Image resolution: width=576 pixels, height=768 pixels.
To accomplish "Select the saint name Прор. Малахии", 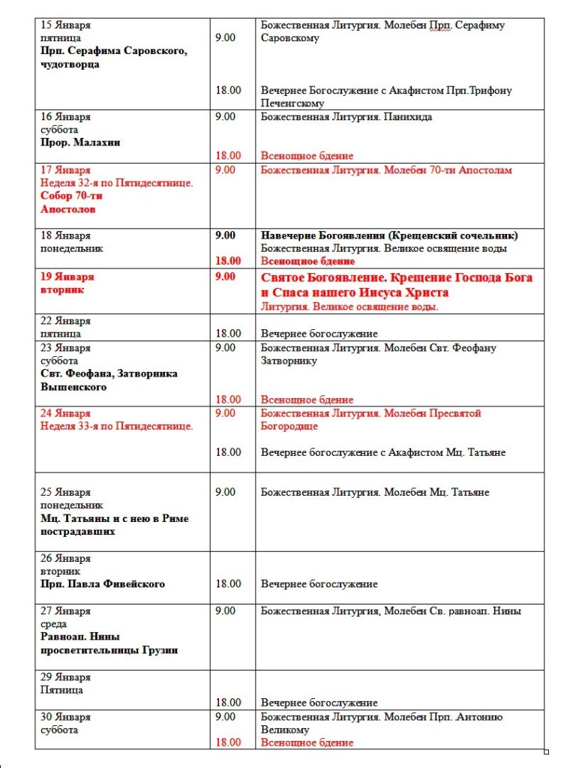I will pyautogui.click(x=80, y=142).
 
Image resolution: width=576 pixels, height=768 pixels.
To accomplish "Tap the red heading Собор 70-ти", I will pyautogui.click(x=71, y=196).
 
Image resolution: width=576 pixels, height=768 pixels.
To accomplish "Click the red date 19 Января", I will pyautogui.click(x=67, y=276).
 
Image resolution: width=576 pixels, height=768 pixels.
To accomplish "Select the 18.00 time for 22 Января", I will pyautogui.click(x=228, y=333).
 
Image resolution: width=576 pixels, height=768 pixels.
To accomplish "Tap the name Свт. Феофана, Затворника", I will pyautogui.click(x=109, y=373).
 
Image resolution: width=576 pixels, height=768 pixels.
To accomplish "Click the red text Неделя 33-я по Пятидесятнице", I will pyautogui.click(x=116, y=426).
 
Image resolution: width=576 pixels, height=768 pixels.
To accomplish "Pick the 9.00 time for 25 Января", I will pyautogui.click(x=225, y=492).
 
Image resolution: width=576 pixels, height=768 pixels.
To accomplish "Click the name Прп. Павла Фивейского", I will pyautogui.click(x=103, y=583).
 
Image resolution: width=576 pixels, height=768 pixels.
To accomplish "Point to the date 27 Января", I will pyautogui.click(x=65, y=610).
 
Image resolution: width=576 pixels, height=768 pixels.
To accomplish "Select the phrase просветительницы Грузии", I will pyautogui.click(x=109, y=650).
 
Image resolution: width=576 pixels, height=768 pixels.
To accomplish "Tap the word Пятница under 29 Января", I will pyautogui.click(x=61, y=690).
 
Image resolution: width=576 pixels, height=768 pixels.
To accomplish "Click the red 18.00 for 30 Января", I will pyautogui.click(x=228, y=742).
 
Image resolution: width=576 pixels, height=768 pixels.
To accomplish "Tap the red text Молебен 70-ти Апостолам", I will pyautogui.click(x=448, y=170).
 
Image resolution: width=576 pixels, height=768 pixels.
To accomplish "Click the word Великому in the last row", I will pyautogui.click(x=285, y=730).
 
